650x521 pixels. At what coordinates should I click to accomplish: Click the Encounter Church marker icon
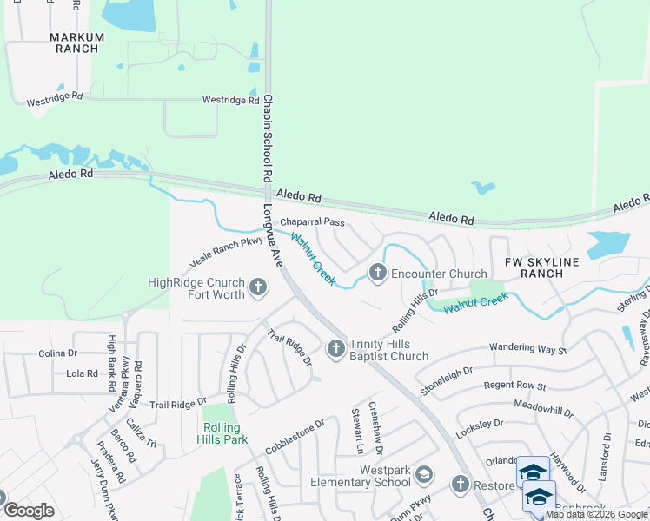coord(377,273)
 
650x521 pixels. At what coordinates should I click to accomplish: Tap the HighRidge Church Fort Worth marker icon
coord(257,287)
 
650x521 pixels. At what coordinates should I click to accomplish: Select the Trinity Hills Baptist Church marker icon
coord(336,349)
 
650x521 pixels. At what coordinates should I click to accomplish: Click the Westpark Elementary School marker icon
coord(423,475)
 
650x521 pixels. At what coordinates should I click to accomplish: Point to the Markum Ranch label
coord(76,43)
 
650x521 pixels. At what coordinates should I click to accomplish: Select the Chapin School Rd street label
coord(269,138)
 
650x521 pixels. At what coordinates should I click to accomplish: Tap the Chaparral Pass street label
coord(311,222)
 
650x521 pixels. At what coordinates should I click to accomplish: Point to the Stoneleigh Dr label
coord(446,380)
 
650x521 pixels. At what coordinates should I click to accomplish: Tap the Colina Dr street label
coord(58,353)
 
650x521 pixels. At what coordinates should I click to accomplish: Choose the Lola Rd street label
coord(82,373)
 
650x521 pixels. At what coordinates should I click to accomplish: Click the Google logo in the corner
coord(29,511)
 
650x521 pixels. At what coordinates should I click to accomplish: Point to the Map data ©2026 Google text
coord(596,514)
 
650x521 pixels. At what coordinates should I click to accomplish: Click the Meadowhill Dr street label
coord(544,408)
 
